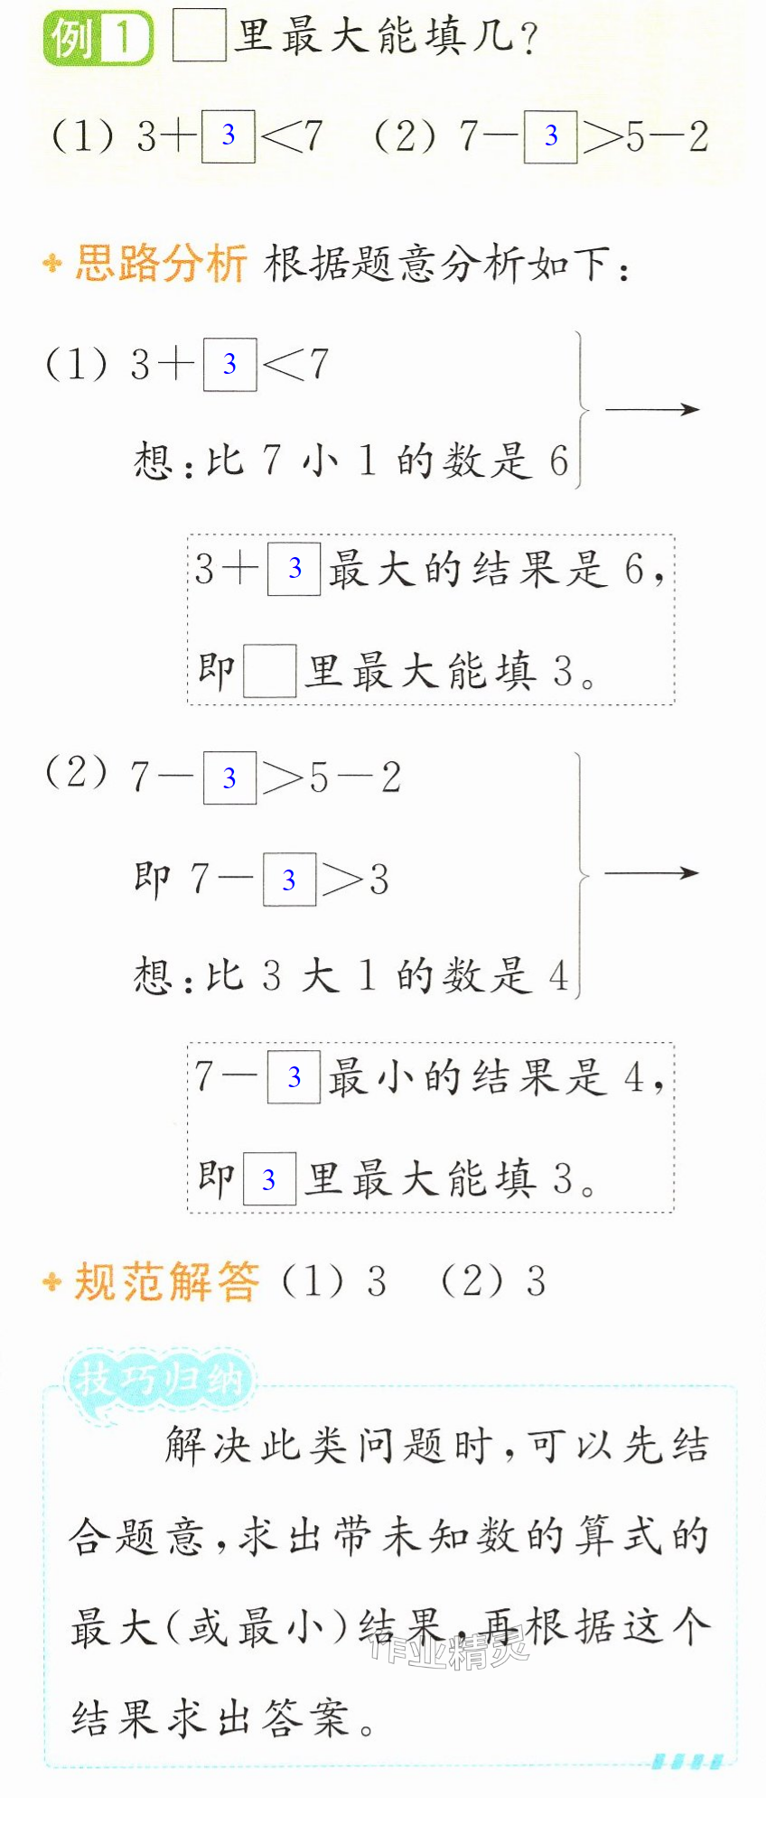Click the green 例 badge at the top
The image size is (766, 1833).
pos(98,38)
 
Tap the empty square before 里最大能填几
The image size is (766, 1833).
pos(199,36)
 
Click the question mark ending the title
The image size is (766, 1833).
pos(529,38)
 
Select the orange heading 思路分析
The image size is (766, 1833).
pos(161,264)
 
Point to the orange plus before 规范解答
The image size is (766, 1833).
pos(52,1282)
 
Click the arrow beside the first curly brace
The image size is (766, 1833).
pos(652,409)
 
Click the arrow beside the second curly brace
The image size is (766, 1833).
pos(652,873)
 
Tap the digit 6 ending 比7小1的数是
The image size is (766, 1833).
pos(558,461)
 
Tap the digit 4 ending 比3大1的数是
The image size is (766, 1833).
pos(558,976)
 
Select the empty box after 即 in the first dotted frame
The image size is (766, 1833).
pos(269,671)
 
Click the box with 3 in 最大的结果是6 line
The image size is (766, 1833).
pos(294,569)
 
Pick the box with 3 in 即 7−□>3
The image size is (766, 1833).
pos(289,879)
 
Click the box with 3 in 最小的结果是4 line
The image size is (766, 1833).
pos(294,1077)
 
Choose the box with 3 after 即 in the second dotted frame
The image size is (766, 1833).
pos(269,1179)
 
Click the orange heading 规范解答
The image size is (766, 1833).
pos(166,1282)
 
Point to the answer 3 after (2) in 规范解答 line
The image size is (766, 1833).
pos(537,1282)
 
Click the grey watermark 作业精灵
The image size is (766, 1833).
pos(449,1651)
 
